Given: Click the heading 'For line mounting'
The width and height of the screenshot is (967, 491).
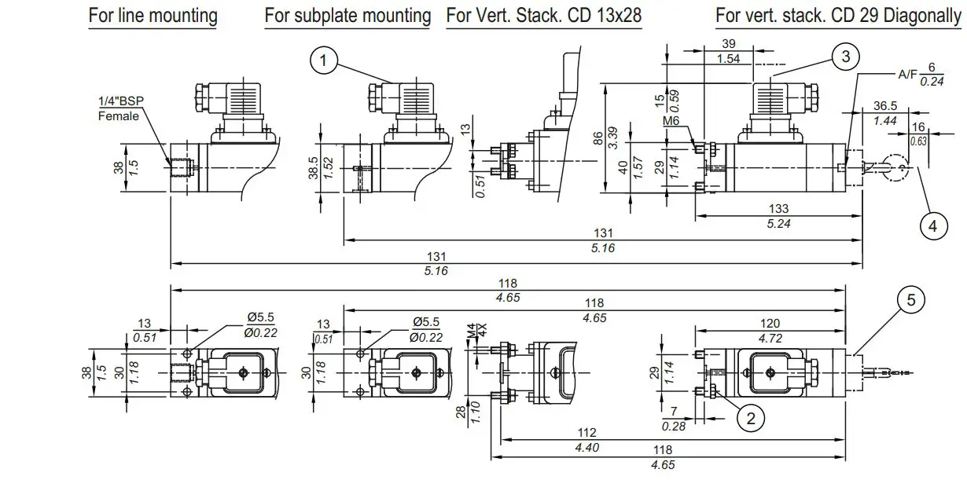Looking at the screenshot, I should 153,15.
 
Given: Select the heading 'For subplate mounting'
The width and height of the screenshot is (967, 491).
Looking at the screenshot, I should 347,15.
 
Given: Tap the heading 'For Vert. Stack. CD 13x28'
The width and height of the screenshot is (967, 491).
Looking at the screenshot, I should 543,15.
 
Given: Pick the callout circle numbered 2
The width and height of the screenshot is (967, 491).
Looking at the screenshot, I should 750,418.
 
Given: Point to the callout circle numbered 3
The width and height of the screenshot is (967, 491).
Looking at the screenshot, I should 845,56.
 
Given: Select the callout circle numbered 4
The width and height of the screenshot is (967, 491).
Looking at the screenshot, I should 933,225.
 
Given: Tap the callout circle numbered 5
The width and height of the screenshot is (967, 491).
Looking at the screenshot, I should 911,299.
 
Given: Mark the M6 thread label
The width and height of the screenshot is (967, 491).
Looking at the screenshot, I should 671,121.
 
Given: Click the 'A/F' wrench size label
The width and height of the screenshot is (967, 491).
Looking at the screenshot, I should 908,74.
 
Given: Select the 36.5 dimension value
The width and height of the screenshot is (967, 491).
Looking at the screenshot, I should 884,106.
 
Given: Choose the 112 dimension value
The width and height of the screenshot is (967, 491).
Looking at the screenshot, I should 586,432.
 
